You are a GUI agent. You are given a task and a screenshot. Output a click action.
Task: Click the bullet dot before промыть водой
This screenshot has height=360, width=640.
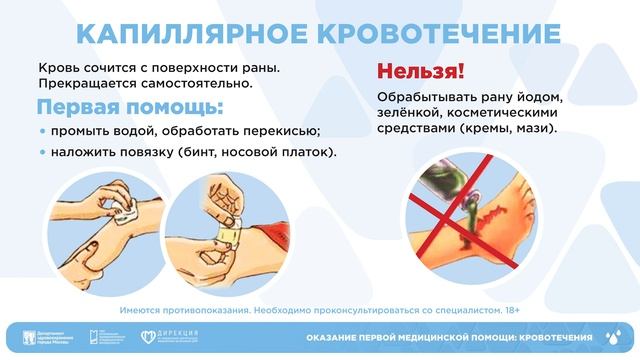click(43, 131)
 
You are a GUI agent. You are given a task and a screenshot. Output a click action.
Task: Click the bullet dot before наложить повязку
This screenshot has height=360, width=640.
click(43, 153)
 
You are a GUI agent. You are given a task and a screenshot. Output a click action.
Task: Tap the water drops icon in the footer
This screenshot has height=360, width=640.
click(613, 337)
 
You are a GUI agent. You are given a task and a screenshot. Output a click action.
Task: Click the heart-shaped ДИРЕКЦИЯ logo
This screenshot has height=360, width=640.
click(150, 337)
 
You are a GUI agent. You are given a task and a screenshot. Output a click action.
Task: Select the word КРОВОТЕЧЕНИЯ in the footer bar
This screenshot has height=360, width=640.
click(548, 338)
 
